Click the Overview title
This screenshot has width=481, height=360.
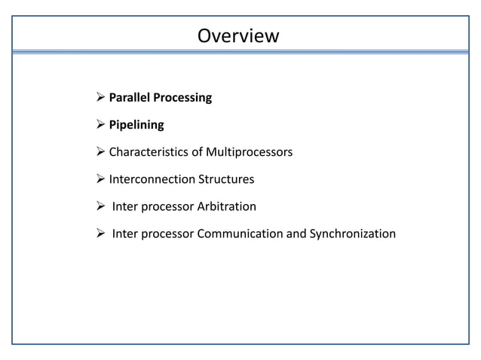[237, 35]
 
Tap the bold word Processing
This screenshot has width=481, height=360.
[184, 98]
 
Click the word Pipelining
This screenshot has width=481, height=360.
[136, 125]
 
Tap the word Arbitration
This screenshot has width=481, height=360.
[224, 206]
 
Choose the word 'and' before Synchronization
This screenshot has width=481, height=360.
[296, 233]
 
